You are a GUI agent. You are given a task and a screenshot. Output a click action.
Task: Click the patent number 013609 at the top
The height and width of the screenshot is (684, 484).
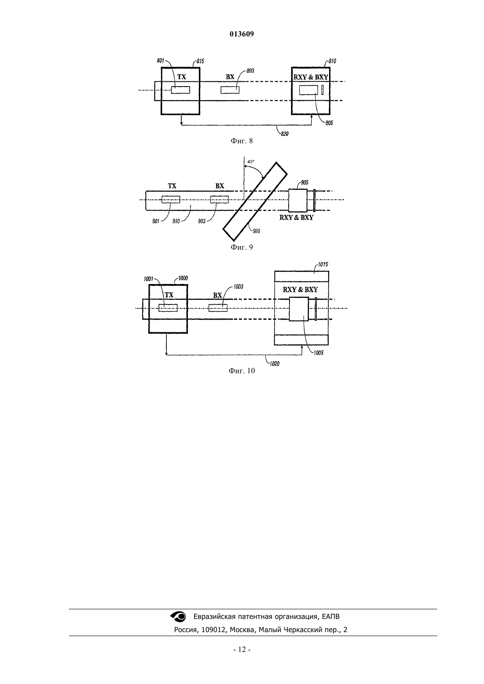click(242, 34)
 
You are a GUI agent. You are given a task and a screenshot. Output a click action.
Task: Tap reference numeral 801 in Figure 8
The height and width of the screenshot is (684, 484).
click(161, 61)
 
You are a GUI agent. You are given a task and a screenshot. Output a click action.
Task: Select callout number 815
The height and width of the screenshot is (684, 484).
click(200, 61)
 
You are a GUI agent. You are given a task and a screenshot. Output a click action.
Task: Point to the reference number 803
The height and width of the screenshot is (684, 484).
click(250, 71)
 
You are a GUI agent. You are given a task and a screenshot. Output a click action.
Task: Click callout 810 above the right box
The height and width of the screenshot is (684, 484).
click(332, 61)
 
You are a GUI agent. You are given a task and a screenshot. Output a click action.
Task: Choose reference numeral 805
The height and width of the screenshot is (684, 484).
click(329, 123)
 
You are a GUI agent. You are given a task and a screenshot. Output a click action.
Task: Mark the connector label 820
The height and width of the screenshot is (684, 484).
click(285, 134)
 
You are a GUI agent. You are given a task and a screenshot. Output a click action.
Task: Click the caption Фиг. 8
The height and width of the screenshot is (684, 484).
click(242, 141)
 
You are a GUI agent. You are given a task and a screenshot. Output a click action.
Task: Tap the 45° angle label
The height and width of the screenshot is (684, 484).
click(251, 162)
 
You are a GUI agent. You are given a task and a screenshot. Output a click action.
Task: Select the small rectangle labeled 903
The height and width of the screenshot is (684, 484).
click(220, 200)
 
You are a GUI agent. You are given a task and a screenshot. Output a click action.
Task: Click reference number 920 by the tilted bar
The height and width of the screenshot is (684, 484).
click(257, 231)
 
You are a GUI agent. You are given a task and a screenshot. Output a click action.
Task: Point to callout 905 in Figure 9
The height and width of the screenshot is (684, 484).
click(304, 182)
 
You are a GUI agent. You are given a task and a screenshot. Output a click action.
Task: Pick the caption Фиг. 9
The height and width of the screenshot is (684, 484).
click(242, 247)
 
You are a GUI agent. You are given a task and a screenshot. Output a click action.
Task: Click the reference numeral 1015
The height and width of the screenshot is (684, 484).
click(323, 265)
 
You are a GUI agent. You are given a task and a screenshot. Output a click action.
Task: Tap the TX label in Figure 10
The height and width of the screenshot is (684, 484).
click(169, 295)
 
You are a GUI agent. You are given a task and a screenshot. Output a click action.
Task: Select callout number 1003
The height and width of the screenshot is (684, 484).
click(238, 287)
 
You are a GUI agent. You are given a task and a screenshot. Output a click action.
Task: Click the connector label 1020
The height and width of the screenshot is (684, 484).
click(275, 364)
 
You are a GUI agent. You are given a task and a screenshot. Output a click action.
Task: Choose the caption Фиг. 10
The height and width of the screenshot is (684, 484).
click(242, 371)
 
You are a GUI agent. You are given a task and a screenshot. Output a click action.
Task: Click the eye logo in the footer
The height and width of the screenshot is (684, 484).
click(178, 616)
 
